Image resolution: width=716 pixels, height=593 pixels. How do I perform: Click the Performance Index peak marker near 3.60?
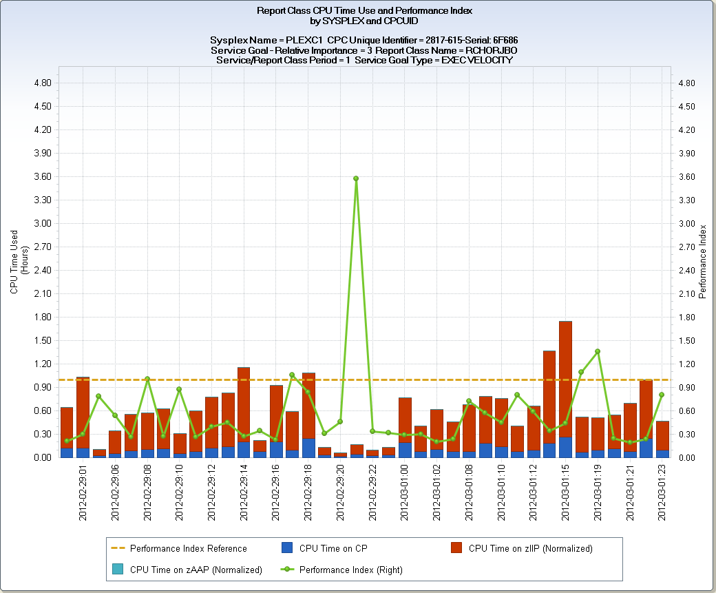click(x=356, y=178)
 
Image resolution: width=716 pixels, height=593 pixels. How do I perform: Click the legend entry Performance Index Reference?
click(x=188, y=548)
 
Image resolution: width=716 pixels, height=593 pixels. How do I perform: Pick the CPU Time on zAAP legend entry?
click(x=196, y=570)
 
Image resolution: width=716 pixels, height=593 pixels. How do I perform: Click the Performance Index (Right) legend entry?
click(x=350, y=570)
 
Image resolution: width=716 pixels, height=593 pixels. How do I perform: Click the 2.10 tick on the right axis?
click(x=686, y=294)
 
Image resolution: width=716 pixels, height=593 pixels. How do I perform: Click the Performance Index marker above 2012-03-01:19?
click(x=598, y=351)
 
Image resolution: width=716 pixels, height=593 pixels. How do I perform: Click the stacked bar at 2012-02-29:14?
click(x=244, y=410)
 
